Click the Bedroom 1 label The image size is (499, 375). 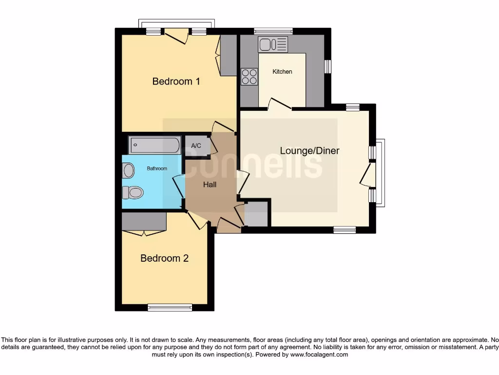pyautogui.click(x=176, y=81)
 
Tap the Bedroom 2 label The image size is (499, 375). pyautogui.click(x=164, y=258)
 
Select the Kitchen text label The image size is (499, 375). pyautogui.click(x=282, y=72)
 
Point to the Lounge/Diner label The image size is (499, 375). pyautogui.click(x=309, y=150)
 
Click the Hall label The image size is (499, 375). pyautogui.click(x=210, y=185)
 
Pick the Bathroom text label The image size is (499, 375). pyautogui.click(x=157, y=168)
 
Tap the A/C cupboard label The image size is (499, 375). pyautogui.click(x=196, y=146)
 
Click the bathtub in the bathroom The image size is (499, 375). pyautogui.click(x=154, y=146)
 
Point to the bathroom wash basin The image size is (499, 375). pyautogui.click(x=129, y=170)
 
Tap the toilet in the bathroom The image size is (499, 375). pyautogui.click(x=133, y=193)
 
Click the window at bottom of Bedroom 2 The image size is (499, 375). pyautogui.click(x=170, y=307)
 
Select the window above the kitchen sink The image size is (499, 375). pyautogui.click(x=273, y=31)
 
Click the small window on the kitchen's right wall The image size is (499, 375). pyautogui.click(x=328, y=66)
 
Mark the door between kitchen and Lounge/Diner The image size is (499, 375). pyautogui.click(x=279, y=104)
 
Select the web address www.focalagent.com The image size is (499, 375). pyautogui.click(x=319, y=354)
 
